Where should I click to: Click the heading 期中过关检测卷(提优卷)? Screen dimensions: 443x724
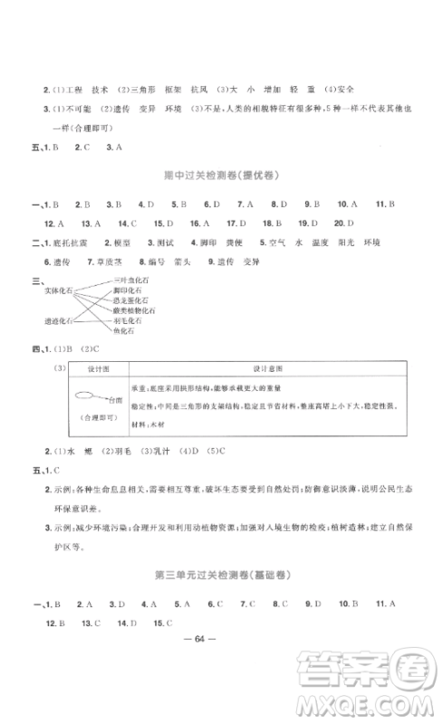(221, 173)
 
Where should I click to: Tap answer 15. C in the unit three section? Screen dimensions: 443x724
(164, 623)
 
